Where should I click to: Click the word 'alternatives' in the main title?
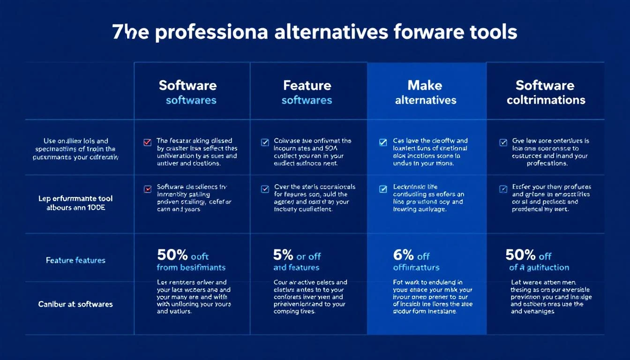tap(331, 32)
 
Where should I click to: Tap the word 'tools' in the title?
tap(492, 32)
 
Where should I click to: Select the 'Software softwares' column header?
tap(191, 92)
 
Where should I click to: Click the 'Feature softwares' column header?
tap(307, 92)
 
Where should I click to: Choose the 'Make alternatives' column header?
tap(426, 92)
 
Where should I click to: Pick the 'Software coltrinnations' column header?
tap(545, 92)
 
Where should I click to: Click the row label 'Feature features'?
tap(75, 260)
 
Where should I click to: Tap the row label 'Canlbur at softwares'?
tap(75, 304)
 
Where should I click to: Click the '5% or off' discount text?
tap(297, 255)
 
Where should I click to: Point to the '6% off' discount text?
tap(411, 255)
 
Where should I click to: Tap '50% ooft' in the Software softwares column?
tap(183, 255)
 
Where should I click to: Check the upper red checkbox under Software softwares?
tap(147, 142)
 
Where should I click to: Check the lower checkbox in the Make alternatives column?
tap(383, 189)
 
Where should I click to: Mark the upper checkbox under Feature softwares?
tap(265, 142)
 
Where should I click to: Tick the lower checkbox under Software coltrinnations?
tap(503, 189)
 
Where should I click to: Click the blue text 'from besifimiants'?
tap(191, 268)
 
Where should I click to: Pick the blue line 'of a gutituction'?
tap(539, 268)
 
